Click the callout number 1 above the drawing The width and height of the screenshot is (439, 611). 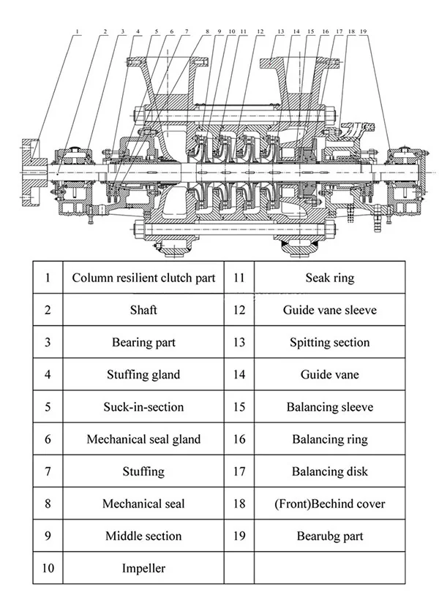pyautogui.click(x=78, y=32)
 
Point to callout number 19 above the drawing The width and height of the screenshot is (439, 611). pyautogui.click(x=364, y=32)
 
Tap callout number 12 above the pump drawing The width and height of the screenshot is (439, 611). pyautogui.click(x=260, y=32)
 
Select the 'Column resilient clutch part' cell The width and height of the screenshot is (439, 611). pyautogui.click(x=143, y=278)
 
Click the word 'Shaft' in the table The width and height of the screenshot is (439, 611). pyautogui.click(x=143, y=310)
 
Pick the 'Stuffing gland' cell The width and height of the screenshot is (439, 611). pyautogui.click(x=143, y=374)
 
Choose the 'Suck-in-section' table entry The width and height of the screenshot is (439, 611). pyautogui.click(x=143, y=406)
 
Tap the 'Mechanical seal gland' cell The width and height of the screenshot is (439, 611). pyautogui.click(x=143, y=439)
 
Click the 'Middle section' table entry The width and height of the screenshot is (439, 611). pyautogui.click(x=143, y=536)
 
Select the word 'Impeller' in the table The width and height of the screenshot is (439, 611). pyautogui.click(x=143, y=568)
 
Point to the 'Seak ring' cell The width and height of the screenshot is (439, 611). pyautogui.click(x=329, y=278)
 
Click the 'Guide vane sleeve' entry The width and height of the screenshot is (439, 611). pyautogui.click(x=329, y=310)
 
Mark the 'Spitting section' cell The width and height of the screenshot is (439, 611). pyautogui.click(x=329, y=342)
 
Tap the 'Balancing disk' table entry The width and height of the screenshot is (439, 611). pyautogui.click(x=329, y=471)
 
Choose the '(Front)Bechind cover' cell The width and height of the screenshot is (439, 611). pyautogui.click(x=329, y=504)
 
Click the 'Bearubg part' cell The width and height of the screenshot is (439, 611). pyautogui.click(x=329, y=536)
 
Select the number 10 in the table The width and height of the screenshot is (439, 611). pyautogui.click(x=48, y=568)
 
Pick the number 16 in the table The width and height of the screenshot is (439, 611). pyautogui.click(x=239, y=439)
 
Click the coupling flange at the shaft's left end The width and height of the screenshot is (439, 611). pyautogui.click(x=31, y=171)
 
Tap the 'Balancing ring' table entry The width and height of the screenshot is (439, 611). pyautogui.click(x=329, y=439)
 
